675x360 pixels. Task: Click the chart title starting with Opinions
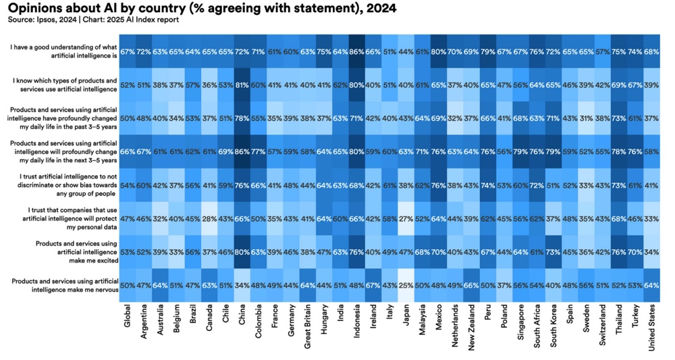tap(202, 9)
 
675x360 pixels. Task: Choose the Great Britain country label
tap(307, 326)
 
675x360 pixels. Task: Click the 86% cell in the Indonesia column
tap(356, 52)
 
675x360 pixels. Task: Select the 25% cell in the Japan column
tap(405, 284)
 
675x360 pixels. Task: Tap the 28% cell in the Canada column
tap(210, 218)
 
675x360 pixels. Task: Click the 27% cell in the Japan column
tap(405, 218)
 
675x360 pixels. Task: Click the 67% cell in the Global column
tap(128, 52)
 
